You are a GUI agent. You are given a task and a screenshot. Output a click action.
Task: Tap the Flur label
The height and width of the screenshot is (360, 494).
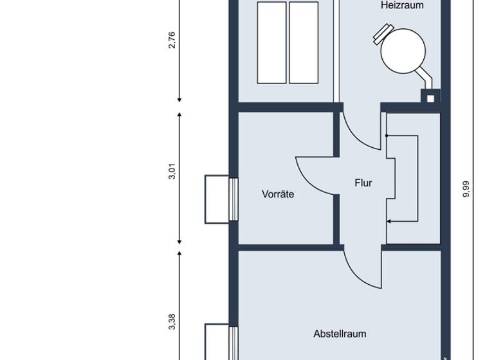[363, 183]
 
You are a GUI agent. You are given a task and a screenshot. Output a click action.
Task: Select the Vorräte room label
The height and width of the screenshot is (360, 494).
[278, 194]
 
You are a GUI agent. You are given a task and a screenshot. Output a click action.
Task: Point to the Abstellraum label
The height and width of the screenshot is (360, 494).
[340, 334]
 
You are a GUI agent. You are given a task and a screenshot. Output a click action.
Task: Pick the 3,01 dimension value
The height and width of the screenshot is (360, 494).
[172, 173]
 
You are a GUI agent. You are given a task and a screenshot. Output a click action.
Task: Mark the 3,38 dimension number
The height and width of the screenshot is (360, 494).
[172, 321]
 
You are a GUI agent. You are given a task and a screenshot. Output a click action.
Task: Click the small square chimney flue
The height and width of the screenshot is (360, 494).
[430, 96]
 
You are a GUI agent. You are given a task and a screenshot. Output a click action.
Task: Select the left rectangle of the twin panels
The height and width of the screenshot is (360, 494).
[271, 42]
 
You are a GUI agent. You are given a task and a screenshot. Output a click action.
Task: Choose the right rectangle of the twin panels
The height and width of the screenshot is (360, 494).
[304, 42]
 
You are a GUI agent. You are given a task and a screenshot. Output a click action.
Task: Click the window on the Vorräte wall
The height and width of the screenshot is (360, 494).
[217, 199]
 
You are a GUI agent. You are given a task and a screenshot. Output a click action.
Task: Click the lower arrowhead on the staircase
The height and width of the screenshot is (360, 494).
[388, 222]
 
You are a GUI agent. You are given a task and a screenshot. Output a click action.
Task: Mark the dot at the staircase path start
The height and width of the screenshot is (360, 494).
[387, 136]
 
